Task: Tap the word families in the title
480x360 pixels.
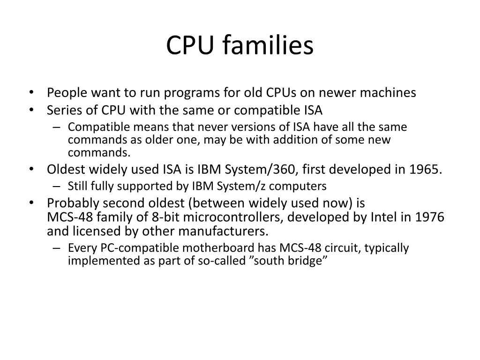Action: (x=268, y=46)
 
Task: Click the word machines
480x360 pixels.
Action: (x=388, y=93)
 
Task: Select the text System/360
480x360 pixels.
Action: (x=251, y=169)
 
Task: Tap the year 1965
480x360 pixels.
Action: (x=425, y=169)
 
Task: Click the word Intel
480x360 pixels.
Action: (x=384, y=217)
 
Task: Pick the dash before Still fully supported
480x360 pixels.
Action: (x=57, y=187)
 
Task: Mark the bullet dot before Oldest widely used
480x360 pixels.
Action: (x=31, y=170)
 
